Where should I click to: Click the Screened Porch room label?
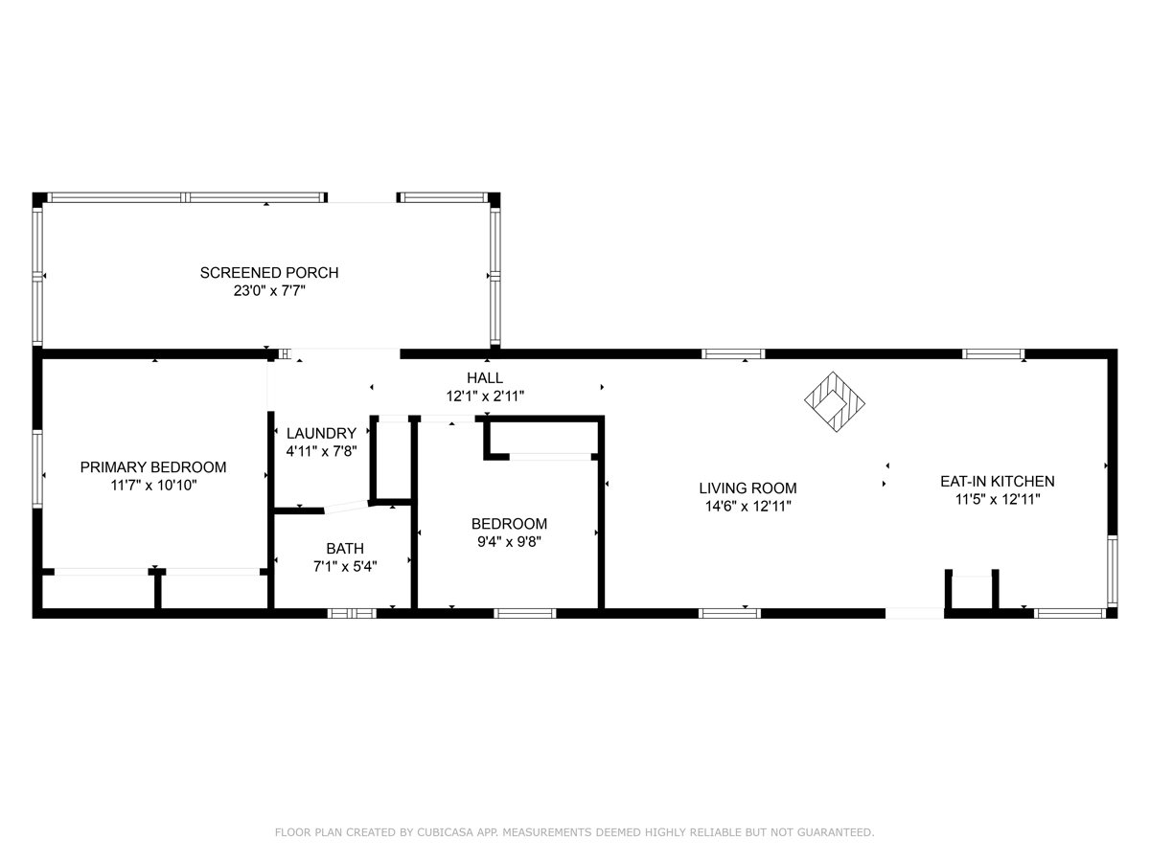269,273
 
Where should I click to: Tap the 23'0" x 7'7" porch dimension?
269,290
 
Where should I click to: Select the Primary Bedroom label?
153,467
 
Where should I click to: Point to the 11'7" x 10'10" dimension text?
153,486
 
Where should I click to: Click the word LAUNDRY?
321,433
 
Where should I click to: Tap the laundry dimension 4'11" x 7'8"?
321,451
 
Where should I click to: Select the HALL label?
485,378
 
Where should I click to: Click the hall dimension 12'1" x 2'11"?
485,397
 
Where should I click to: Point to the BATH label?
345,549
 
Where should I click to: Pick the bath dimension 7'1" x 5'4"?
345,566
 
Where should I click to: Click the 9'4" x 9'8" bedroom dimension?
509,542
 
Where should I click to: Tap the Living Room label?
747,488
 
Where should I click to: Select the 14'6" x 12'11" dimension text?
747,506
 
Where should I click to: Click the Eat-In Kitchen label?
997,482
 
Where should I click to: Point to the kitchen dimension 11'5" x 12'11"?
997,499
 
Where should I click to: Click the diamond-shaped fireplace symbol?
835,402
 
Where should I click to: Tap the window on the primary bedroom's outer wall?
37,469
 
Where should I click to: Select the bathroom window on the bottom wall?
352,613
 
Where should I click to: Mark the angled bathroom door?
346,507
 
